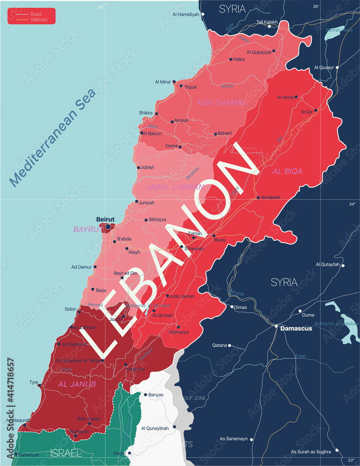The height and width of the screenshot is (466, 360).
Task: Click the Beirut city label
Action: coord(105,219)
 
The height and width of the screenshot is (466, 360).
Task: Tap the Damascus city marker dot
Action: coord(276,326)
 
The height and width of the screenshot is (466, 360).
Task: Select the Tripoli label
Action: coord(191,87)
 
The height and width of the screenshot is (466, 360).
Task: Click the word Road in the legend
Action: coord(36,14)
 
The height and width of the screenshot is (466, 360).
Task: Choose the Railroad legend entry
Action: coord(39,20)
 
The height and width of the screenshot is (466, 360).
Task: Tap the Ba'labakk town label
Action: coord(271,198)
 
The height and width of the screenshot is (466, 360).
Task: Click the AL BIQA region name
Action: coord(287,171)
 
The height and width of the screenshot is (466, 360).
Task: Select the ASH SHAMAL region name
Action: coord(221,102)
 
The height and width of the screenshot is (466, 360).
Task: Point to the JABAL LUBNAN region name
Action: coord(175,187)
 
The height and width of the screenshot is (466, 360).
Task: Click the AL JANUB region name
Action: coord(77,384)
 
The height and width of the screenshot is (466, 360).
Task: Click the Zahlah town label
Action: coord(195,233)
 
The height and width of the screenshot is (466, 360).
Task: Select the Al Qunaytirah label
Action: coord(156,428)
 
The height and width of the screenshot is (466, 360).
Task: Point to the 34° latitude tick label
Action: coord(352,204)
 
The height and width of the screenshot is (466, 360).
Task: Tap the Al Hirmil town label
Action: coord(285,97)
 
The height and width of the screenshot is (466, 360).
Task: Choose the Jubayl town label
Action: coord(147,167)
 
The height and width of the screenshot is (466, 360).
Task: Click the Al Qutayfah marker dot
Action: coord(343,266)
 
